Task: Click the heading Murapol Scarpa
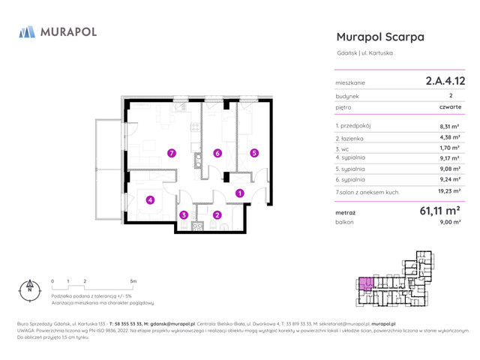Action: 380,37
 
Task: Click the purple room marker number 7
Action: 172,153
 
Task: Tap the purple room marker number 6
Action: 217,153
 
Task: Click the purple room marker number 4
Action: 150,199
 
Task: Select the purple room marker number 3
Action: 183,215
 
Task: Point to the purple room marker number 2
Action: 217,215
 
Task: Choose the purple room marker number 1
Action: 239,193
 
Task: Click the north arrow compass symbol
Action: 30,288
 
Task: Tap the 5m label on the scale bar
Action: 133,280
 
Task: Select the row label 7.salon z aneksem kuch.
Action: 367,192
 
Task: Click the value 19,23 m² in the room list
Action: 449,192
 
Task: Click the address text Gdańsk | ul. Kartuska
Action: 364,52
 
